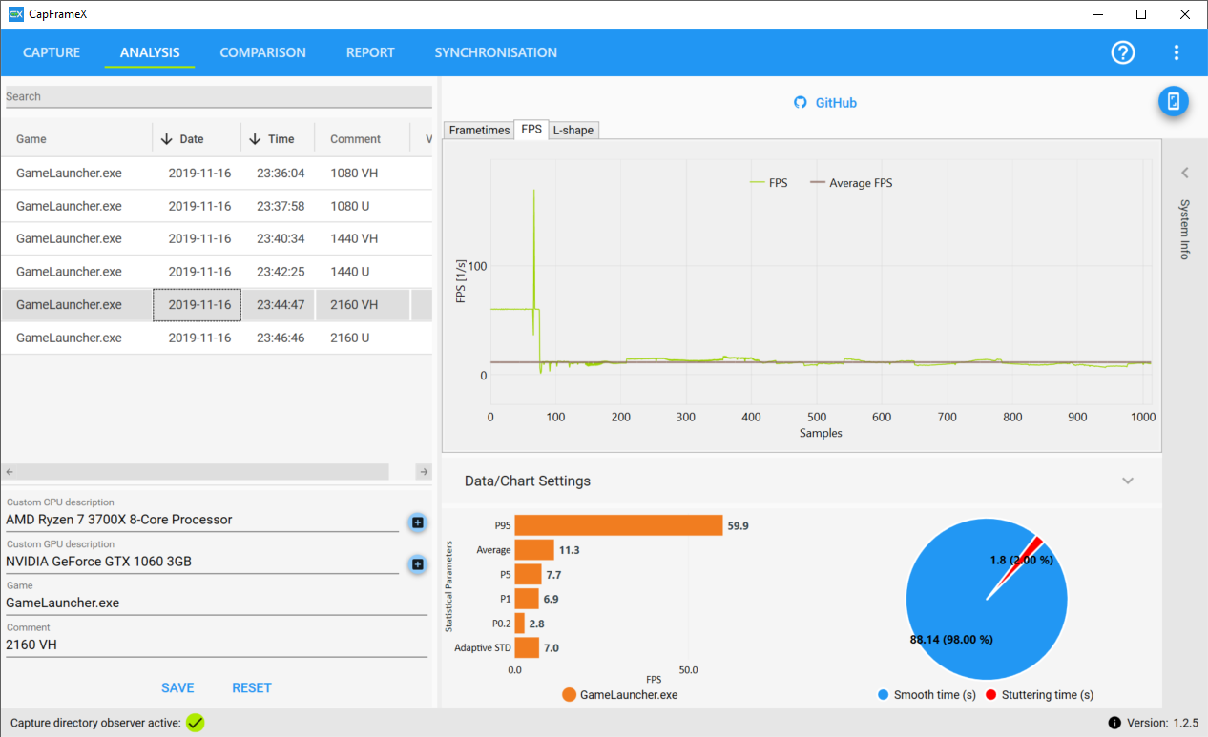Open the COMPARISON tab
[x=262, y=52]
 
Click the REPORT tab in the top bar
[x=370, y=52]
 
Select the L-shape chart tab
[x=573, y=130]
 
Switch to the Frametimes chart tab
[x=479, y=130]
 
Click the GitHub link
[x=825, y=102]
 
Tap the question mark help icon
[x=1123, y=52]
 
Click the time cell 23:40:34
[x=281, y=238]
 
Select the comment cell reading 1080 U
[x=350, y=206]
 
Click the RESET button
[x=252, y=687]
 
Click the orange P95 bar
[x=618, y=525]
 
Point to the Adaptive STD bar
[x=527, y=647]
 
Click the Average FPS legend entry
[x=851, y=183]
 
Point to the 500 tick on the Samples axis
[x=817, y=417]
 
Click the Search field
[x=219, y=96]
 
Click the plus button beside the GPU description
[x=417, y=564]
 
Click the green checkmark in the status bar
[x=196, y=723]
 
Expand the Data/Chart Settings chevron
[x=1128, y=481]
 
